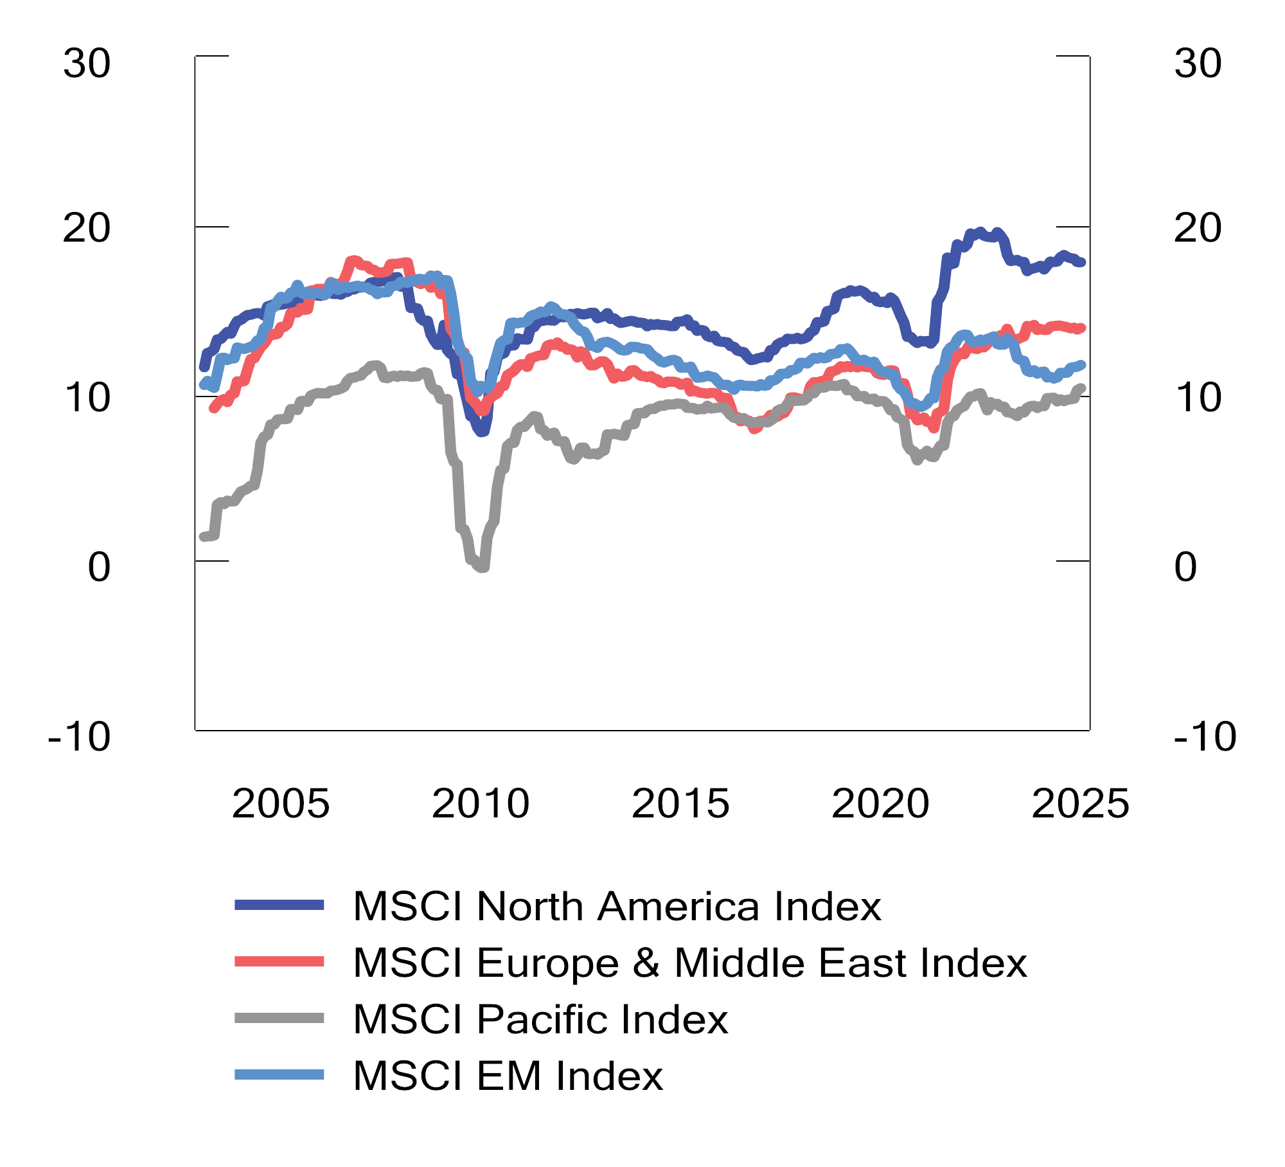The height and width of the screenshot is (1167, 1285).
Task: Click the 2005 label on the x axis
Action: pos(281,803)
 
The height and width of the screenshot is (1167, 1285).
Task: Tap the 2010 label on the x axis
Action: pos(481,803)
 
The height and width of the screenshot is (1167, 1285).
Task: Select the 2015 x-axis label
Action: pos(680,803)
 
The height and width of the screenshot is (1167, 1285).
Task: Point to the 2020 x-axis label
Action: pos(880,803)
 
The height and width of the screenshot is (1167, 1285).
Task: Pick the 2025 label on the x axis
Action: pos(1080,803)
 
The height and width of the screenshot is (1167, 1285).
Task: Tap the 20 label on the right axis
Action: pos(1198,227)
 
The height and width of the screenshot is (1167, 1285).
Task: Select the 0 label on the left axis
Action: pos(99,567)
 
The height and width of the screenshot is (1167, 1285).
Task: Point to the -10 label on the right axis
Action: pos(1205,736)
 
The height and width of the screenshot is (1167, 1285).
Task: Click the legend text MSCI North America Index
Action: pos(617,906)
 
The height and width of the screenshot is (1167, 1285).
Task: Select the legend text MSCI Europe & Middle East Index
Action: pos(689,963)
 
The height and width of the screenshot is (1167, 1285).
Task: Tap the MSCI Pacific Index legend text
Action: pos(540,1019)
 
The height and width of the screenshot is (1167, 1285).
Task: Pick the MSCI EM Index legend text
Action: pos(508,1076)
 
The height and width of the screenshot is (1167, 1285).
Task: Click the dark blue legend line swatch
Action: pos(279,905)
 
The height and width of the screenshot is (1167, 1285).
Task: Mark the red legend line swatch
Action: pos(279,961)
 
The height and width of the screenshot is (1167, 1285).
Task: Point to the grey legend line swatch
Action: pos(279,1018)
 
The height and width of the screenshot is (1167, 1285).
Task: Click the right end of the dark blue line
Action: pos(1082,262)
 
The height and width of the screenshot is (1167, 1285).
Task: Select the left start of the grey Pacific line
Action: pos(203,537)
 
